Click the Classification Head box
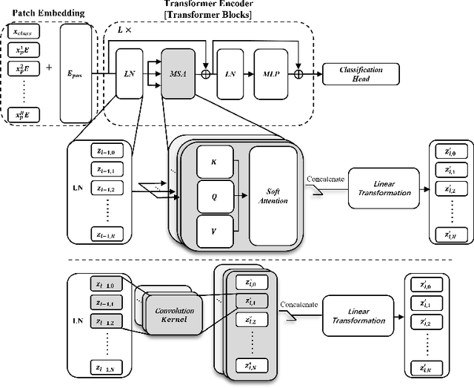[361, 73]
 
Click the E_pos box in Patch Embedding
[75, 73]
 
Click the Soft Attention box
[278, 197]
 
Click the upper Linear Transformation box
[380, 188]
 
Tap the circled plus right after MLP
[299, 73]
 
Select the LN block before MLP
[230, 73]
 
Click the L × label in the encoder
[124, 31]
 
